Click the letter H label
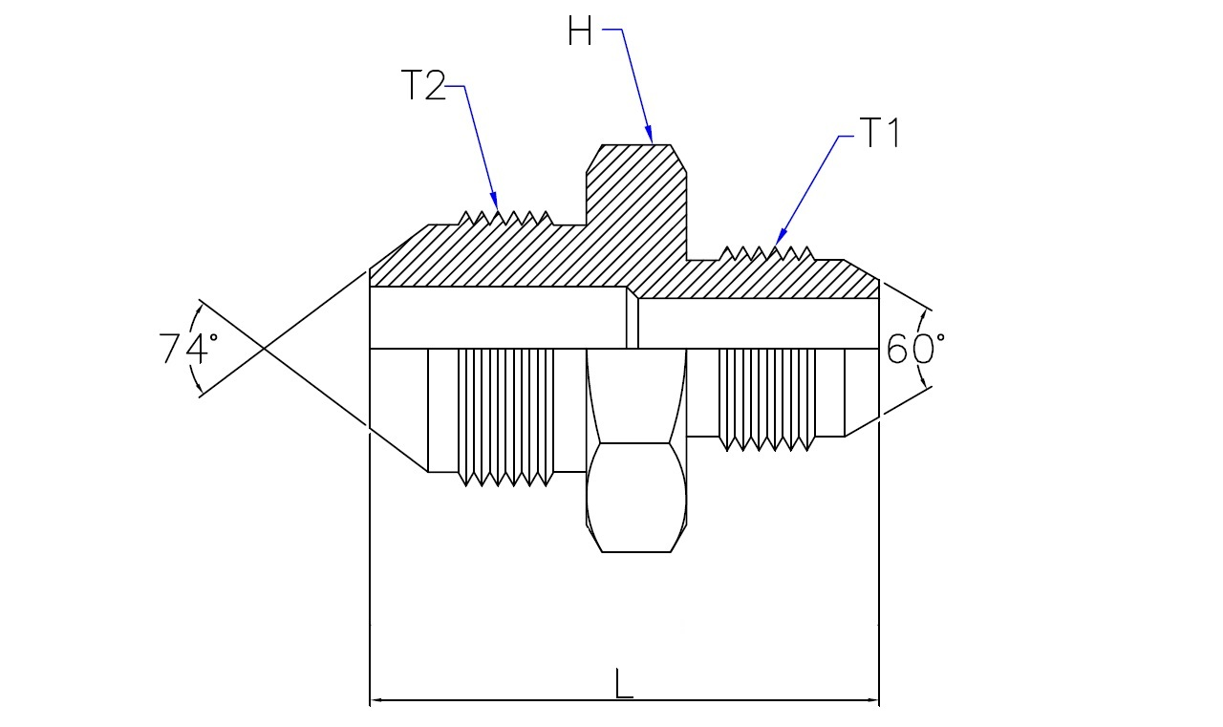579,31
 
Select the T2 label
422,85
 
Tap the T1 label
879,133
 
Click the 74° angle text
188,349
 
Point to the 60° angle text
915,349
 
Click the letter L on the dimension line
624,683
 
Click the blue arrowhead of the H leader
649,135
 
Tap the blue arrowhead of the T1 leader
781,236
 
